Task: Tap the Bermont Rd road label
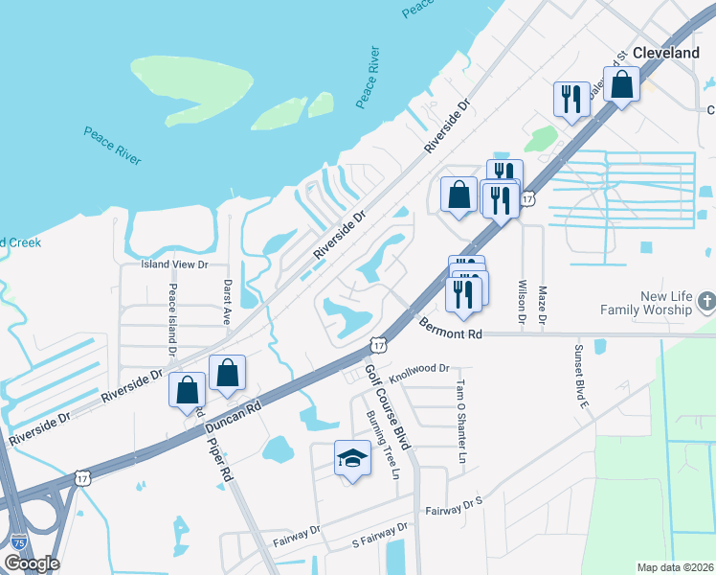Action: (450, 330)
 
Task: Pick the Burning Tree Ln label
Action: (383, 444)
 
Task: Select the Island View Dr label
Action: (174, 264)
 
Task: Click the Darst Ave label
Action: (228, 303)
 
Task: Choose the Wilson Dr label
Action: (523, 299)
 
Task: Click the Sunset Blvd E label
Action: (579, 376)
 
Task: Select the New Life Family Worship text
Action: (645, 304)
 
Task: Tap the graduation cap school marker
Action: (352, 459)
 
